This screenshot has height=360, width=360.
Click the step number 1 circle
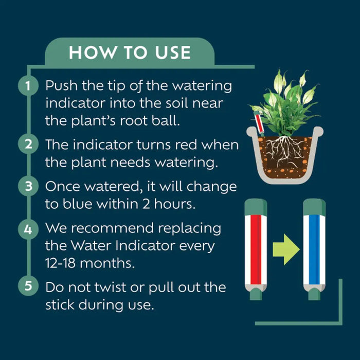pyautogui.click(x=28, y=85)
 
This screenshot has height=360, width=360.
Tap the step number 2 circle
pyautogui.click(x=28, y=144)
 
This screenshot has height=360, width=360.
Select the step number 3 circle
pyautogui.click(x=28, y=186)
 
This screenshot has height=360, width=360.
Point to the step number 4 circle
pyautogui.click(x=28, y=229)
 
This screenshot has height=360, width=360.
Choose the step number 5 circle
pyautogui.click(x=28, y=285)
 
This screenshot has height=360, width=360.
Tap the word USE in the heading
pyautogui.click(x=173, y=52)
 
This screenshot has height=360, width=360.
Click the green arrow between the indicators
pyautogui.click(x=286, y=249)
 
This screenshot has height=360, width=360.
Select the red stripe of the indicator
pyautogui.click(x=256, y=249)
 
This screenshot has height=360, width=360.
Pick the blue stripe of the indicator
pyautogui.click(x=314, y=249)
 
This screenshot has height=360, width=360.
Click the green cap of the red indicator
pyautogui.click(x=256, y=207)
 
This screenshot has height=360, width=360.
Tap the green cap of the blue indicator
pyautogui.click(x=314, y=207)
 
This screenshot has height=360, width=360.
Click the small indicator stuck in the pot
pyautogui.click(x=259, y=123)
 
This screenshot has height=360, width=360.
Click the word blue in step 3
pyautogui.click(x=77, y=203)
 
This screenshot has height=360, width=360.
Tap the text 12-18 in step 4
pyautogui.click(x=60, y=263)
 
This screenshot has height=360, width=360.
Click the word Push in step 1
pyautogui.click(x=61, y=85)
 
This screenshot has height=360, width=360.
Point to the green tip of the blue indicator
pyautogui.click(x=314, y=294)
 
